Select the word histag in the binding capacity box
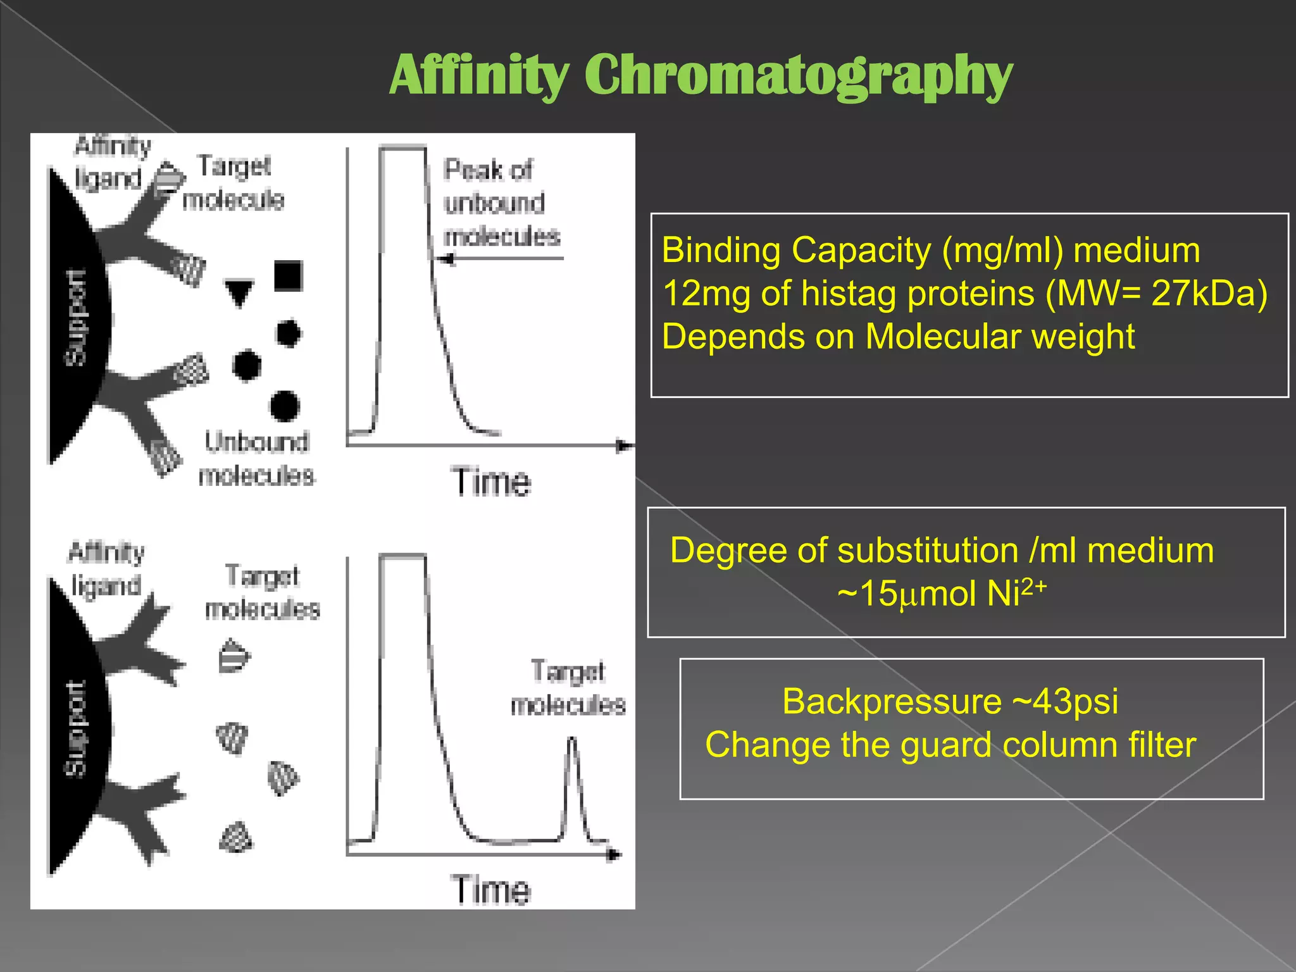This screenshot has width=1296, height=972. coord(844,294)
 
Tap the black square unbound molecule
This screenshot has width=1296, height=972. coord(289,276)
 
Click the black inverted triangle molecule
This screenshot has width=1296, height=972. coord(239,293)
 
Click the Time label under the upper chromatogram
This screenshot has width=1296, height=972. coord(491,482)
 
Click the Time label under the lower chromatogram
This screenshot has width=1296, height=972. coord(491,890)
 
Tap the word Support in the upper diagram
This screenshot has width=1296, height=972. coord(76,318)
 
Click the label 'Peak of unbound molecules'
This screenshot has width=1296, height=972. coord(500,202)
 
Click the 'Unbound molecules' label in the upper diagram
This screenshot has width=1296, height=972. coord(256,458)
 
